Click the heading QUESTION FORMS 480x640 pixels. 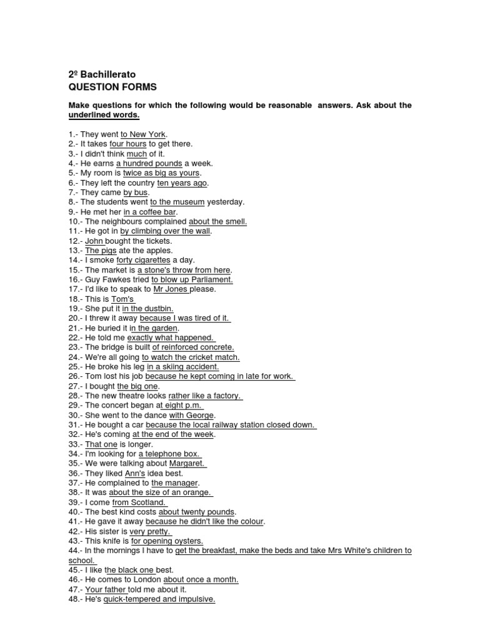click(x=112, y=87)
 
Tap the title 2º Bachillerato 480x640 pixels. click(x=102, y=74)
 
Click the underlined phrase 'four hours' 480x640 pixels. click(x=127, y=144)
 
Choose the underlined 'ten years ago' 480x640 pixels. click(x=182, y=182)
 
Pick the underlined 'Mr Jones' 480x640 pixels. click(x=171, y=289)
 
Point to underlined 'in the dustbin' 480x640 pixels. click(x=147, y=309)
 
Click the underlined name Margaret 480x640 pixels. click(x=187, y=464)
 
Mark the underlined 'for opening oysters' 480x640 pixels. click(x=167, y=541)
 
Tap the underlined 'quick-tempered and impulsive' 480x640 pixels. click(x=159, y=599)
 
